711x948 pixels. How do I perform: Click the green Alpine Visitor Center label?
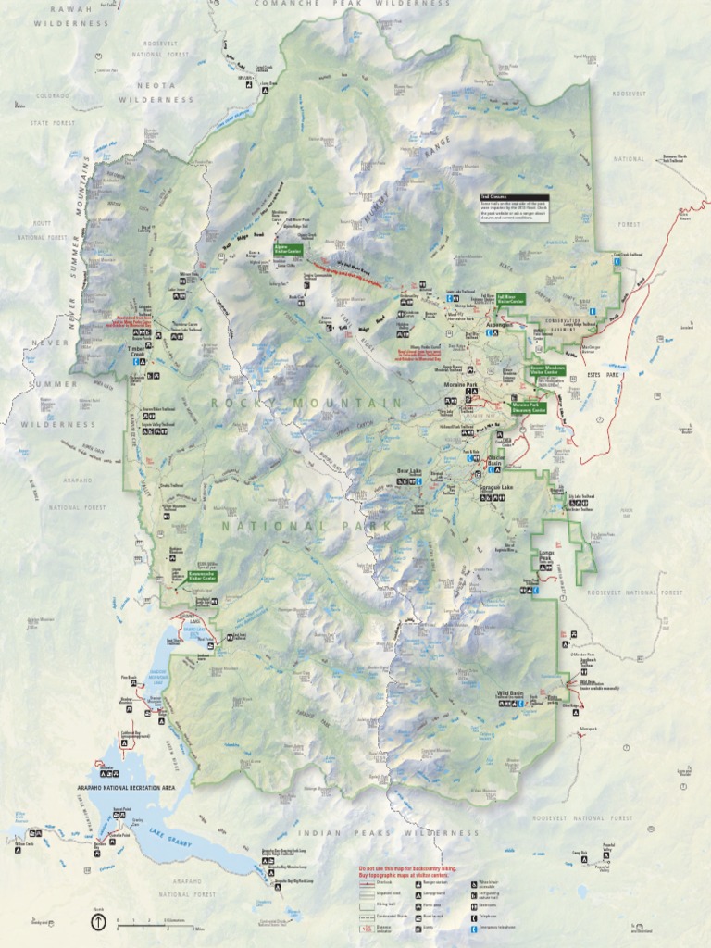coord(288,250)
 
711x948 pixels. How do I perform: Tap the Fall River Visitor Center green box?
coord(510,299)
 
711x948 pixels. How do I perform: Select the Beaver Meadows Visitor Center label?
coord(547,369)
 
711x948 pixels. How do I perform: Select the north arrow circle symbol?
coord(98,921)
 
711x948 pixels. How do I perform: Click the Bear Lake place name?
coord(408,471)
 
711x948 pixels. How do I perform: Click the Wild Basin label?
coord(510,693)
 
